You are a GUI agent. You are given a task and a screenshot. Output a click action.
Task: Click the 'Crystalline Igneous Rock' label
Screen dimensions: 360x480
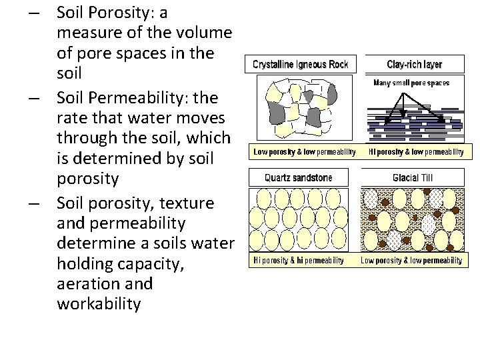[x=299, y=65]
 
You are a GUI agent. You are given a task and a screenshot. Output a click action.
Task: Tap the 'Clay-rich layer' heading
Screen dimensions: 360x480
[x=414, y=65]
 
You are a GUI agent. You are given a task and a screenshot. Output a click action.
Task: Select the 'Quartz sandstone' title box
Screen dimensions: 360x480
[x=298, y=178]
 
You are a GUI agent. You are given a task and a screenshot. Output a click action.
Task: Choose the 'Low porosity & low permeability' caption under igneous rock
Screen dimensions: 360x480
[x=304, y=152]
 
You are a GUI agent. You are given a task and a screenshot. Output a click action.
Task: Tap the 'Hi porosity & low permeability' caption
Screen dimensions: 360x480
[x=415, y=152]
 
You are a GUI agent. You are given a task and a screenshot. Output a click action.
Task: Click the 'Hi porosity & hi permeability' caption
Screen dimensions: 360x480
[x=299, y=260]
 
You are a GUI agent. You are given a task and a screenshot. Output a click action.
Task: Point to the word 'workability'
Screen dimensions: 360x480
[x=99, y=305]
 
